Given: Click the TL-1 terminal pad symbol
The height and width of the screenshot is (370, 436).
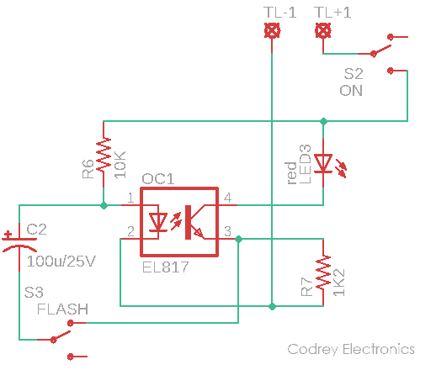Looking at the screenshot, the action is (x=272, y=30).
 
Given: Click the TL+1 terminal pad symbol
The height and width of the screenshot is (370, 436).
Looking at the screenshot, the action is (x=323, y=30).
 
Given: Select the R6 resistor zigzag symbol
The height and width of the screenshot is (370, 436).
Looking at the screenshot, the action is (x=104, y=155).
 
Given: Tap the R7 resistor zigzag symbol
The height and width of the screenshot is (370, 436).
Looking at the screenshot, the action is (x=323, y=272).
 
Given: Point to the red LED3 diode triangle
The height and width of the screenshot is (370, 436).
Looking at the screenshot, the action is (x=323, y=163).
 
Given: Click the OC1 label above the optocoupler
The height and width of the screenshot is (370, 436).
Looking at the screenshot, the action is (x=157, y=178).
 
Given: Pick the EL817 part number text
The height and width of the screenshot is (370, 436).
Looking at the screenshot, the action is (x=165, y=267).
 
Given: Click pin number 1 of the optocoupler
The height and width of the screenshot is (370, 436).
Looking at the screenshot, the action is (x=130, y=198).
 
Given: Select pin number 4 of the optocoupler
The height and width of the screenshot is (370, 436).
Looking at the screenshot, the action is (x=227, y=198).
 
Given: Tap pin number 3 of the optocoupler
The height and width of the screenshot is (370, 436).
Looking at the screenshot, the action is (x=227, y=231).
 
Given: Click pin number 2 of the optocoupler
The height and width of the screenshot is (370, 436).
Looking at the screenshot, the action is (x=130, y=231).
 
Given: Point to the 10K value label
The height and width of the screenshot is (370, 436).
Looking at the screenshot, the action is (x=120, y=165).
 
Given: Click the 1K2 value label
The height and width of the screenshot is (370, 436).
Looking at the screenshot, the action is (x=339, y=283).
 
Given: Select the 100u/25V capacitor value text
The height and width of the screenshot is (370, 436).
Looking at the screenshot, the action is (x=61, y=262).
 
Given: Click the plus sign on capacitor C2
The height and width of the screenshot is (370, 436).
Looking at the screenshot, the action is (x=8, y=234).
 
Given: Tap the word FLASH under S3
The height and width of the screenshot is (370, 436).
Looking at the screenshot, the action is (x=62, y=309).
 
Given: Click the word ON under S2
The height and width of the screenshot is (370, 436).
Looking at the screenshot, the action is (x=351, y=91).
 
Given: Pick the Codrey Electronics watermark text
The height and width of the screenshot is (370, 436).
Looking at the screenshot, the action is (x=351, y=349).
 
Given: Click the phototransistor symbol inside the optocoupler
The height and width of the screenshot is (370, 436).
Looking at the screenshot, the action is (x=194, y=222).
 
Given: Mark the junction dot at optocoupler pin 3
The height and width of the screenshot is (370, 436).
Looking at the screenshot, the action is (x=238, y=239).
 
